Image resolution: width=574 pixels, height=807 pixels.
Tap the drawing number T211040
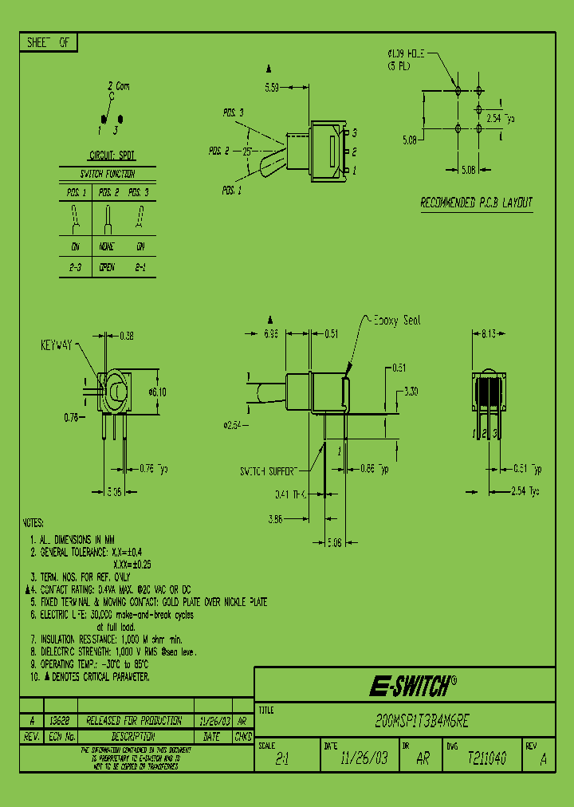coord(486,759)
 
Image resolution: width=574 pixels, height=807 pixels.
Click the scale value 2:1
coord(282,760)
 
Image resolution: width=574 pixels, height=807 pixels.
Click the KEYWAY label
coord(57,345)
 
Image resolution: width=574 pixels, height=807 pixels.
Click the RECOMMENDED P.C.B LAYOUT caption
coord(476,203)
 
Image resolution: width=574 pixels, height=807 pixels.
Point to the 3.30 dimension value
coord(411,392)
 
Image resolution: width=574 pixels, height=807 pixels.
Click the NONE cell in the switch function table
coord(107,247)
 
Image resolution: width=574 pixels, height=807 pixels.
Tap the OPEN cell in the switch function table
coord(107,268)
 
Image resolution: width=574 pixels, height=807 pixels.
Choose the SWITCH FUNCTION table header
coord(107,174)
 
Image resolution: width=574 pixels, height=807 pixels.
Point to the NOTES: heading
coord(33,522)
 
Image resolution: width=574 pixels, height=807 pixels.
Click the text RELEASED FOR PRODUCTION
coord(133,720)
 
